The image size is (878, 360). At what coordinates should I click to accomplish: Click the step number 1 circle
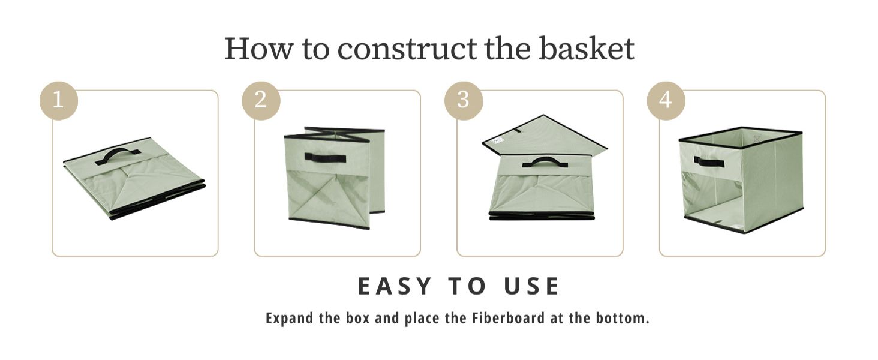tap(58, 100)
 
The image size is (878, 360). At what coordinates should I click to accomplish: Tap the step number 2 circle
tap(261, 100)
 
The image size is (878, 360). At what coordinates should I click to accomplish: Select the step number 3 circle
tap(463, 100)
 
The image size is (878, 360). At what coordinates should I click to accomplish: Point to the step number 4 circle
tap(666, 100)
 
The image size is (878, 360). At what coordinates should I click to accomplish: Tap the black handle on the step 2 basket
tap(325, 158)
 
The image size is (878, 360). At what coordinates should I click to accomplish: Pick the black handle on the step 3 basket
tap(545, 162)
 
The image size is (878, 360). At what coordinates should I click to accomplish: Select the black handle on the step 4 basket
tap(709, 161)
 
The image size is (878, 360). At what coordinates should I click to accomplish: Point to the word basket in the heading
tap(586, 49)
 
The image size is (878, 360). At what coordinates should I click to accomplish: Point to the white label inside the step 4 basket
tap(757, 139)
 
